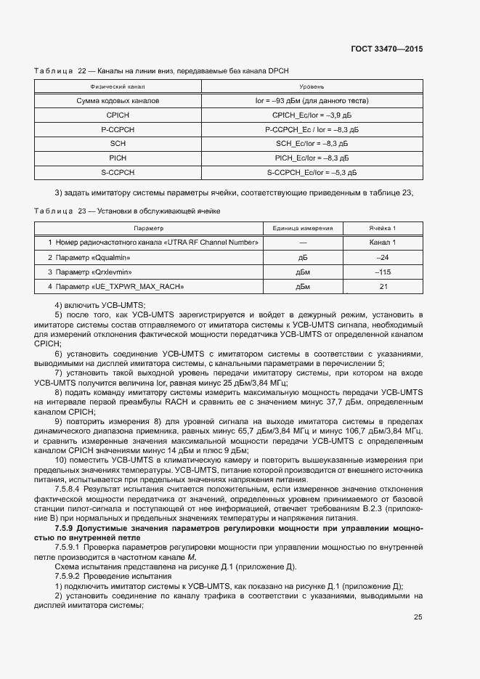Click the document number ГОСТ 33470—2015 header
click(x=386, y=49)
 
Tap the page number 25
click(x=418, y=617)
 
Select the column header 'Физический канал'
click(x=118, y=86)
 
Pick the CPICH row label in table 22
click(x=118, y=115)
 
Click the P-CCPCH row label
click(x=118, y=129)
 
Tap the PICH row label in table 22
click(x=118, y=158)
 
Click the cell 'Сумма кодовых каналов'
click(x=118, y=100)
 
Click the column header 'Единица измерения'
click(x=303, y=227)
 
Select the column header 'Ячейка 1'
click(x=383, y=227)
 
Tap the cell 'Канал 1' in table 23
click(x=383, y=242)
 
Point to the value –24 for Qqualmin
click(x=383, y=257)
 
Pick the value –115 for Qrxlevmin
click(x=383, y=272)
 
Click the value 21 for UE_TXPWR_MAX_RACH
click(x=383, y=287)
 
